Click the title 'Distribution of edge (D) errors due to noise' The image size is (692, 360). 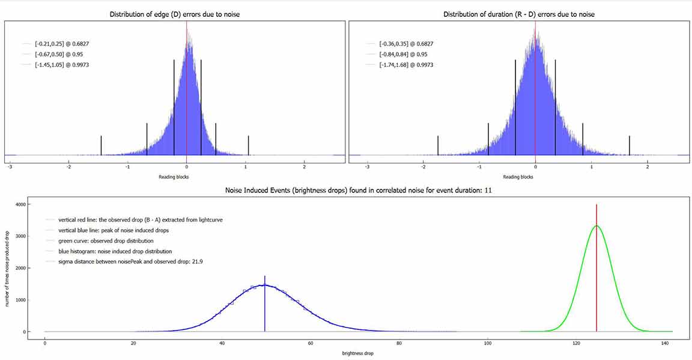pyautogui.click(x=175, y=14)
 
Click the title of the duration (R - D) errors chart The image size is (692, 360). pyautogui.click(x=518, y=14)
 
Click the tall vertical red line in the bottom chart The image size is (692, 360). pyautogui.click(x=596, y=270)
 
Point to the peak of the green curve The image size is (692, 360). pyautogui.click(x=596, y=226)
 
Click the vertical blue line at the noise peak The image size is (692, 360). pyautogui.click(x=265, y=307)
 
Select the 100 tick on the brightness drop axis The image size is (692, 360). pyautogui.click(x=488, y=343)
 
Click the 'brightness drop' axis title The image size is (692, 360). pyautogui.click(x=358, y=353)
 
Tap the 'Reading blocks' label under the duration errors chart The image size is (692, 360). pyautogui.click(x=518, y=177)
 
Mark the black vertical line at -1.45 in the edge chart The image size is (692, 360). pyautogui.click(x=101, y=145)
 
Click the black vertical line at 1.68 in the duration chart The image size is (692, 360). pyautogui.click(x=630, y=145)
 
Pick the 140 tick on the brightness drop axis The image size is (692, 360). pyautogui.click(x=665, y=343)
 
